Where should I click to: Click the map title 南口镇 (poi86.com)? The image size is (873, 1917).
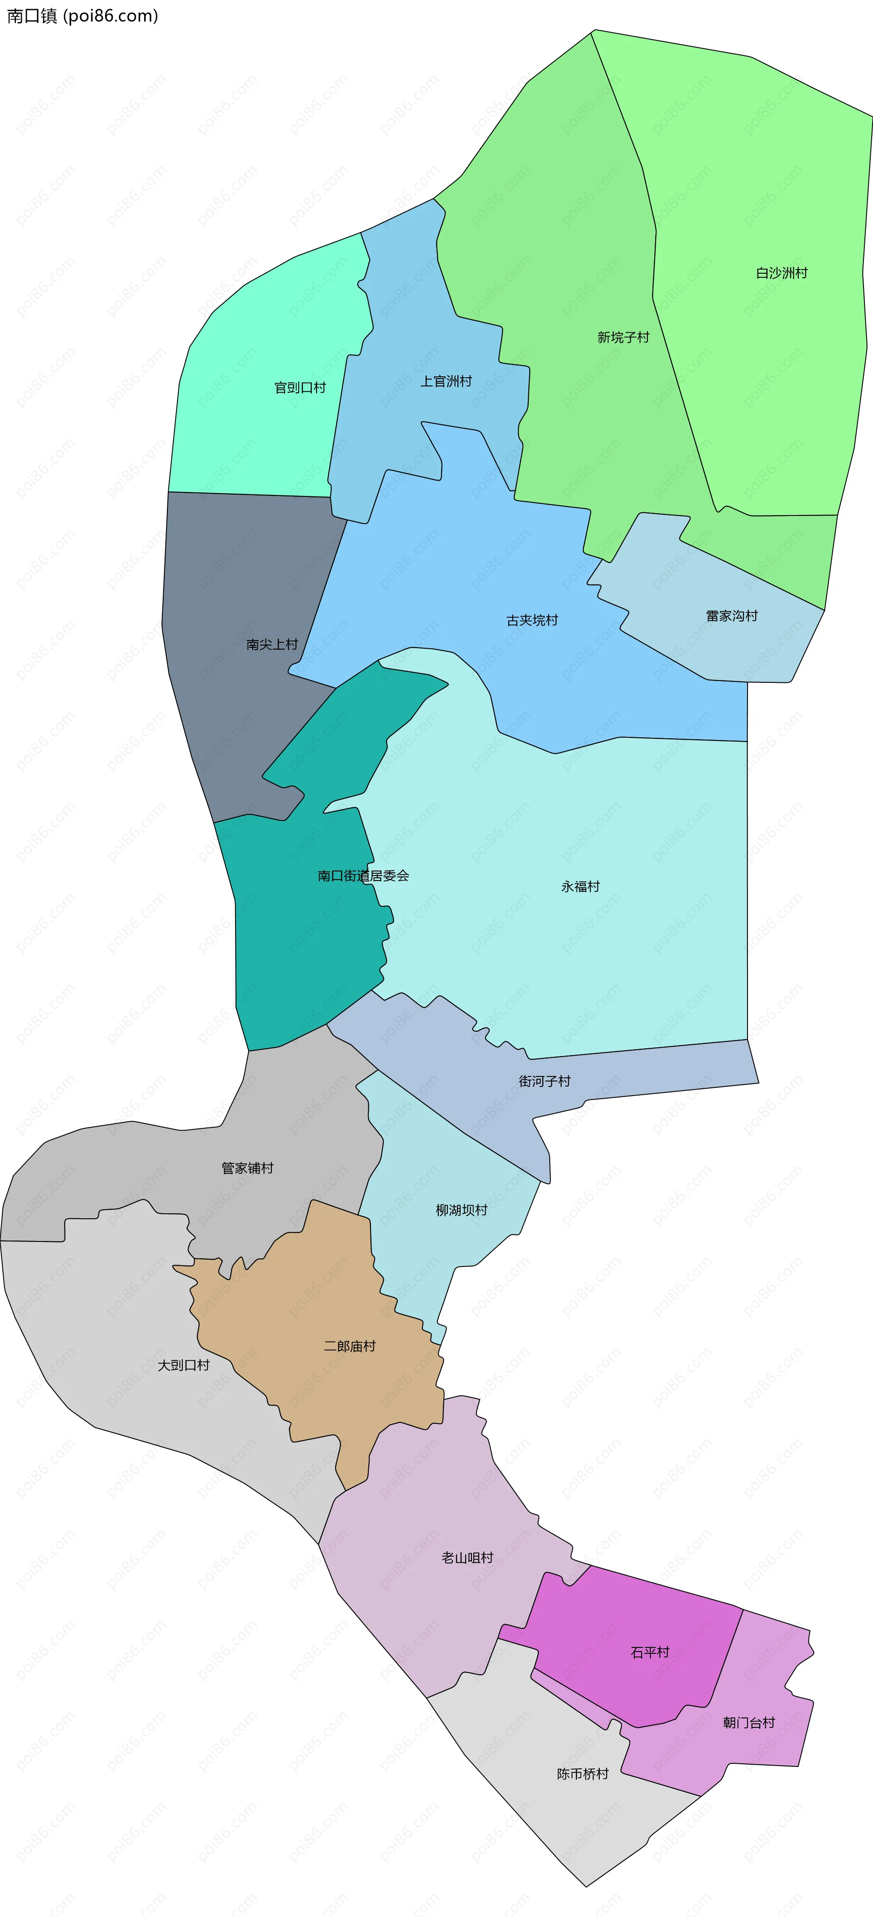(x=83, y=15)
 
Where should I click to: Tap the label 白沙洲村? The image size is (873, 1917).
(x=782, y=273)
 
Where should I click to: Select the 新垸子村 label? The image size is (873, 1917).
(x=623, y=337)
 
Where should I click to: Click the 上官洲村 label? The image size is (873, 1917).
(x=446, y=381)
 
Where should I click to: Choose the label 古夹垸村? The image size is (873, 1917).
(x=532, y=620)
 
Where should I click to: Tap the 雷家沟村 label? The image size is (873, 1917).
(x=732, y=616)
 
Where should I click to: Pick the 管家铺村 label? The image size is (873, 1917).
(x=247, y=1168)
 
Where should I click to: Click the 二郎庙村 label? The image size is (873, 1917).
(x=350, y=1346)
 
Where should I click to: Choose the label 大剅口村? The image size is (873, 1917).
(x=183, y=1365)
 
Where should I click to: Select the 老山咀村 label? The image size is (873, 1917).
(x=467, y=1557)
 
